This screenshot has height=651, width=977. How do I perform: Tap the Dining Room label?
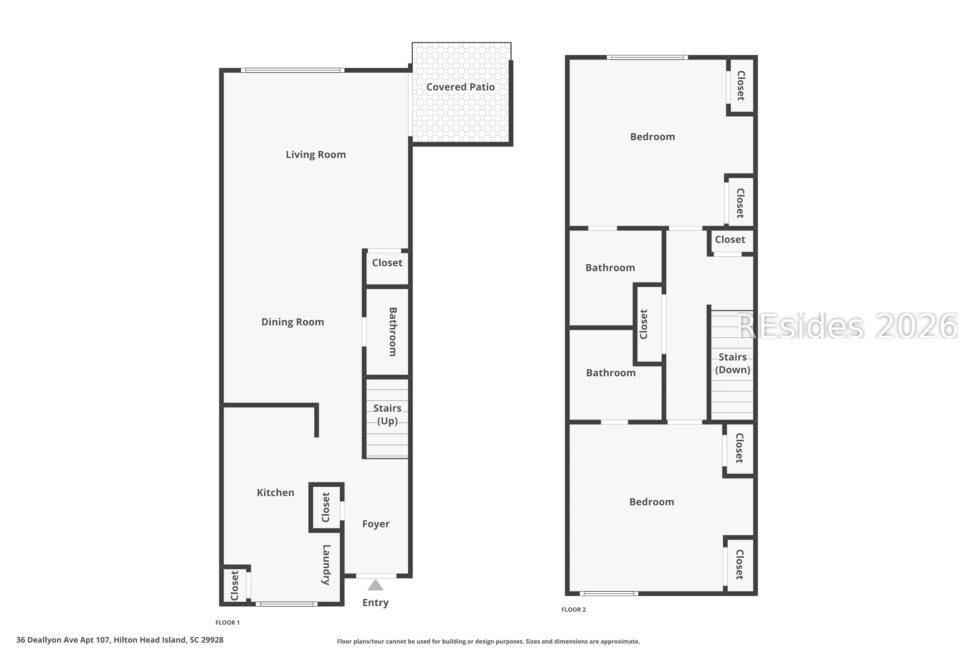(292, 322)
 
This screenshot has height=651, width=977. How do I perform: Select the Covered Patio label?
(461, 87)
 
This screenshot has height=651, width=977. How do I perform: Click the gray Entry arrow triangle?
(375, 585)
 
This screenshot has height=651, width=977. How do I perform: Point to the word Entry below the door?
(375, 603)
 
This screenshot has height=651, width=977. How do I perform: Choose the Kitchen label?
(276, 493)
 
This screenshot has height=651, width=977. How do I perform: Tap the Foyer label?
(376, 524)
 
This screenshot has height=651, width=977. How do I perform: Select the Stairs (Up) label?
(388, 415)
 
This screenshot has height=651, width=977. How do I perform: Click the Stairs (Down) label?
(733, 364)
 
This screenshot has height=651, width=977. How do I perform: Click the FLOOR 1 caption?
(228, 623)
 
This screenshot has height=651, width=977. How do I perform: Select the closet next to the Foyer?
(326, 507)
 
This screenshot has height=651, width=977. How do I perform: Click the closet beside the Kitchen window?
(235, 585)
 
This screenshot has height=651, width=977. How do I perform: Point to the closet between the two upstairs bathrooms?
(648, 324)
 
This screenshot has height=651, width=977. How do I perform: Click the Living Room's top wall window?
(293, 70)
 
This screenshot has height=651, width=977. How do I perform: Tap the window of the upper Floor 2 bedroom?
(647, 57)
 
